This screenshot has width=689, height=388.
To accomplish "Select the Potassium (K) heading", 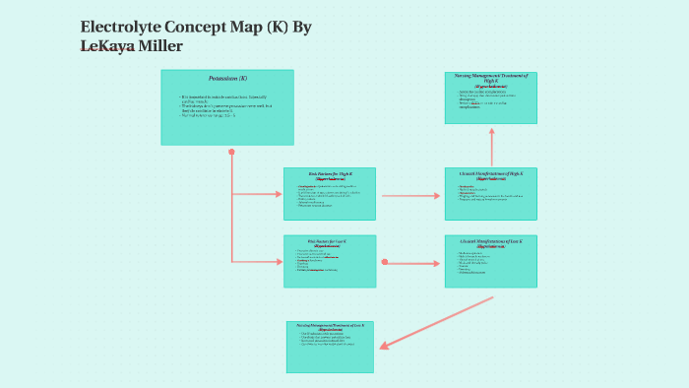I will (227, 78).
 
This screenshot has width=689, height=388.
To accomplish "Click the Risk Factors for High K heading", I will (329, 173).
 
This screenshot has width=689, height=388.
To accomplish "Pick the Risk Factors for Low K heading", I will (329, 240).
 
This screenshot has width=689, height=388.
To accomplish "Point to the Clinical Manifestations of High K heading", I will (490, 173).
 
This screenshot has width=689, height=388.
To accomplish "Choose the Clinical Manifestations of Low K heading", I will (490, 240).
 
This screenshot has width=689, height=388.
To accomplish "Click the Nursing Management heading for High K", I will (490, 77).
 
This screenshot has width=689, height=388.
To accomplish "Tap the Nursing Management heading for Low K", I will (330, 326).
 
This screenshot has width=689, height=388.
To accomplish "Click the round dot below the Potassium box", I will (231, 152).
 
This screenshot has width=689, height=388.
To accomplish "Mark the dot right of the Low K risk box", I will (384, 262).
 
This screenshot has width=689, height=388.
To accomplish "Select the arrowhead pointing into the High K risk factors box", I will (278, 195).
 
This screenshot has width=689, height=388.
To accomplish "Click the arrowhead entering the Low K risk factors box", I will (278, 262).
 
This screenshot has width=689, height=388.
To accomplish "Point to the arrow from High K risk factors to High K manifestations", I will (410, 195).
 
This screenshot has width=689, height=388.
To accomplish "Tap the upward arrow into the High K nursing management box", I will (491, 143).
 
